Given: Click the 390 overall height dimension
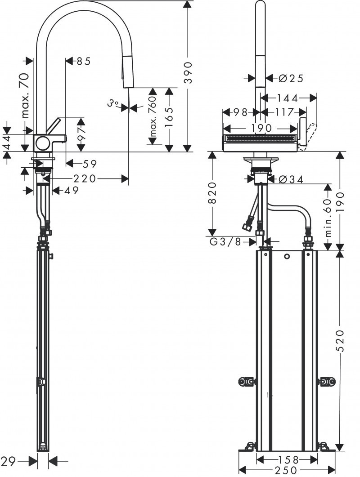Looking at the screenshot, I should tap(188, 72).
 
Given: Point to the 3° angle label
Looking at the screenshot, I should tap(113, 104).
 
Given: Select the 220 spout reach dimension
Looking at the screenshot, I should tap(85, 179).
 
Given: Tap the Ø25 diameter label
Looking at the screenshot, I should tap(291, 78).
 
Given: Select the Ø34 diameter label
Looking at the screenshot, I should tap(291, 179).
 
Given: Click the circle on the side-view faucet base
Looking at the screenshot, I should tap(43, 143).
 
